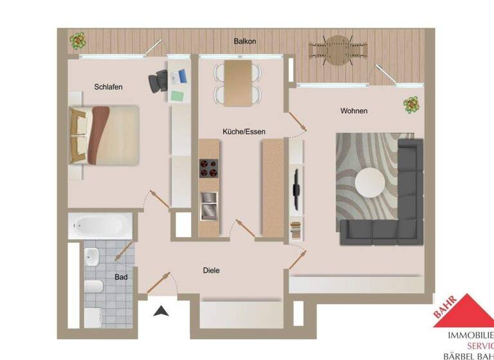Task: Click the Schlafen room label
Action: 108,87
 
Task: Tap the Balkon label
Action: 244,41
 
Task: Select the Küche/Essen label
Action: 244,131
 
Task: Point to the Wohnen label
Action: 354,111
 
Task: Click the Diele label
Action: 211,271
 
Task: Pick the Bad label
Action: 120,278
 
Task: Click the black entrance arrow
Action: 161,312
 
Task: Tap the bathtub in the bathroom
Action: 100,225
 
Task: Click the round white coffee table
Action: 372,183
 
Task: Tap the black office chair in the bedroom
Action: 160,81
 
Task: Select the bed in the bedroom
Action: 104,134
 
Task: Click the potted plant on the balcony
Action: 78,41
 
